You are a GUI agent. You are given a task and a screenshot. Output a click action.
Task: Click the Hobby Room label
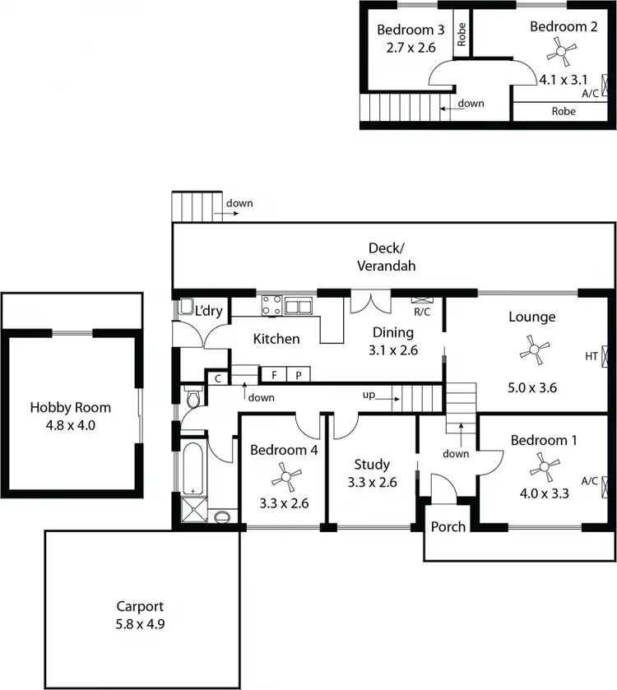click(x=70, y=407)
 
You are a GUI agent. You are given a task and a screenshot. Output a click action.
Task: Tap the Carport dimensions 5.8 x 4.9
click(x=140, y=623)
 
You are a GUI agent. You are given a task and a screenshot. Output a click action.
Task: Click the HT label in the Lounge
click(x=591, y=356)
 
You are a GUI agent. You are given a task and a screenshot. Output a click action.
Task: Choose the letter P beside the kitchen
click(x=298, y=375)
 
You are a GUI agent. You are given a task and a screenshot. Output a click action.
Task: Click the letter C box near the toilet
click(x=217, y=378)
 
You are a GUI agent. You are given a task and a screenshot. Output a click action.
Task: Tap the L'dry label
click(x=208, y=311)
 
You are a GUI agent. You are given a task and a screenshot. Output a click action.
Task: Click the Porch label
click(x=448, y=526)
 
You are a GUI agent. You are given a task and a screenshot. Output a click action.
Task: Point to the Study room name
click(x=372, y=465)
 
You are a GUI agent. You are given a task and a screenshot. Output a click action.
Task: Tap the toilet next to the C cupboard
click(x=194, y=401)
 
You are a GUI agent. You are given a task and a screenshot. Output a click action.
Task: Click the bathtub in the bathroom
click(x=193, y=465)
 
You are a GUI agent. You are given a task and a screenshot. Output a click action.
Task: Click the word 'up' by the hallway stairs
click(x=369, y=396)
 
